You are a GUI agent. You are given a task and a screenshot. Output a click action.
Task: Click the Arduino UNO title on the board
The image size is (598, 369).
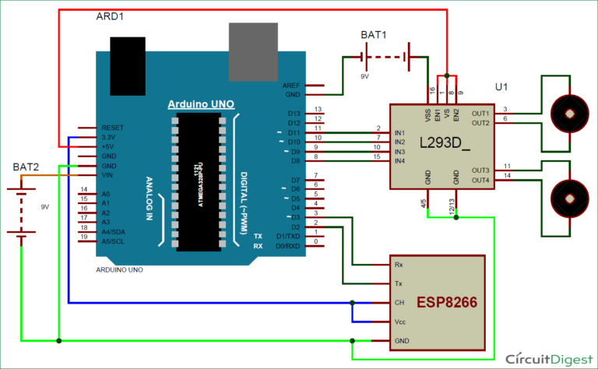click(x=202, y=104)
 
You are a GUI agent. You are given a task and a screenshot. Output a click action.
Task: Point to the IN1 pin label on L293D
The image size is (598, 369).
click(x=401, y=133)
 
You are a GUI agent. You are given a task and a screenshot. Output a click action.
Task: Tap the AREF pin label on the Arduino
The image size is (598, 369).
click(x=291, y=86)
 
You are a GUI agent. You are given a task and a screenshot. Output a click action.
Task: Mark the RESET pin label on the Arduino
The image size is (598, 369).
click(x=112, y=128)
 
